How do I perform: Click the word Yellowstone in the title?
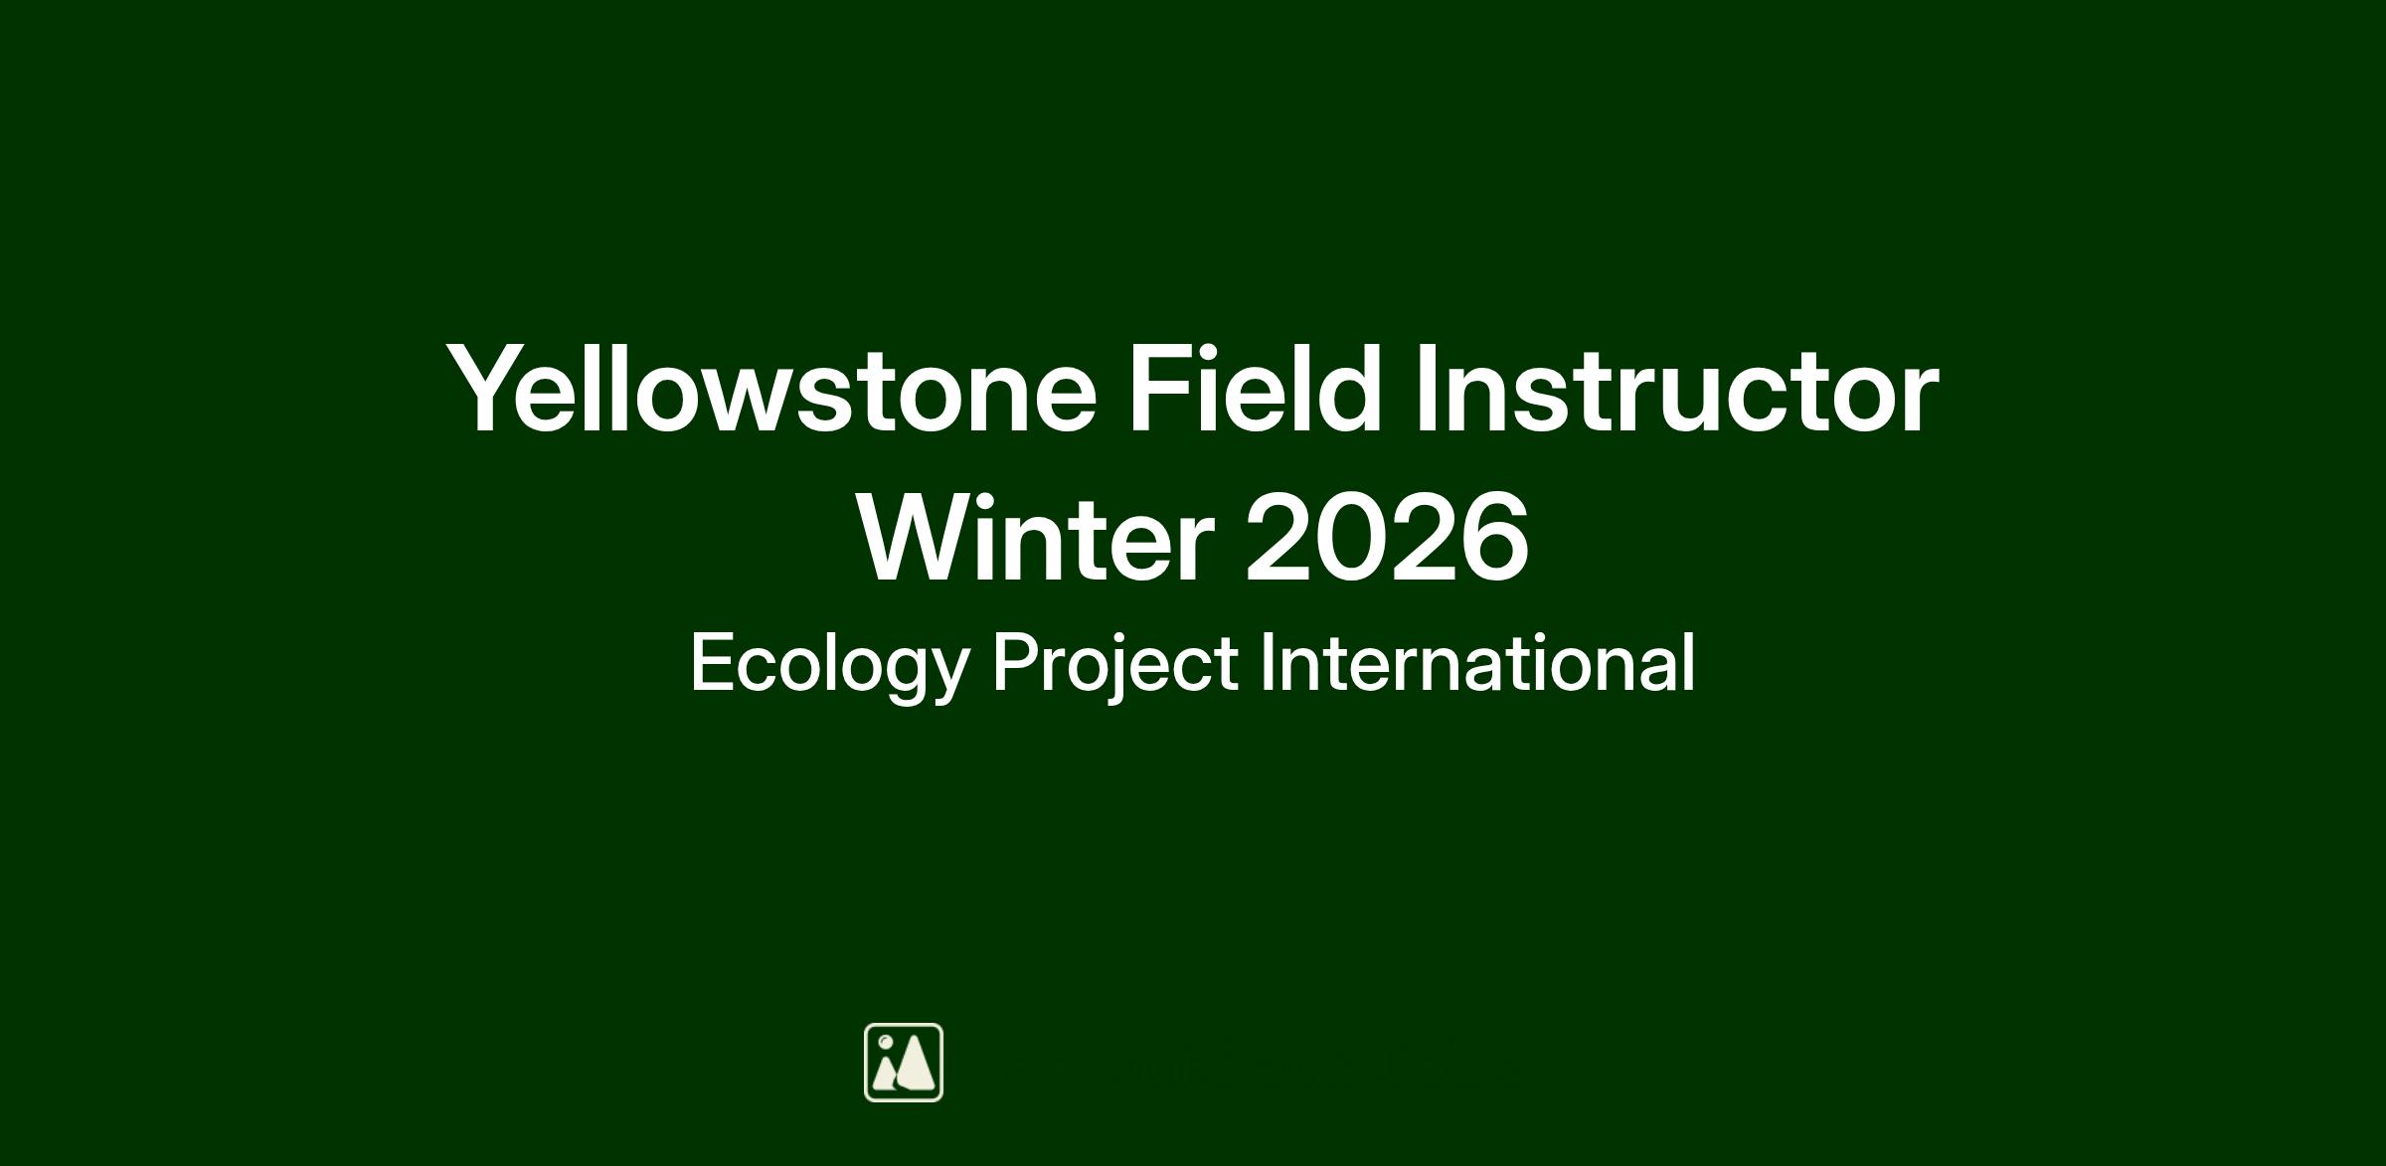[772, 389]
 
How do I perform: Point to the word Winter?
[1036, 537]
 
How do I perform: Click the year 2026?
[1387, 538]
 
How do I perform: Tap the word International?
[1477, 662]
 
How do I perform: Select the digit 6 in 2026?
[1493, 538]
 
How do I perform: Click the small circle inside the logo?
[885, 1042]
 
